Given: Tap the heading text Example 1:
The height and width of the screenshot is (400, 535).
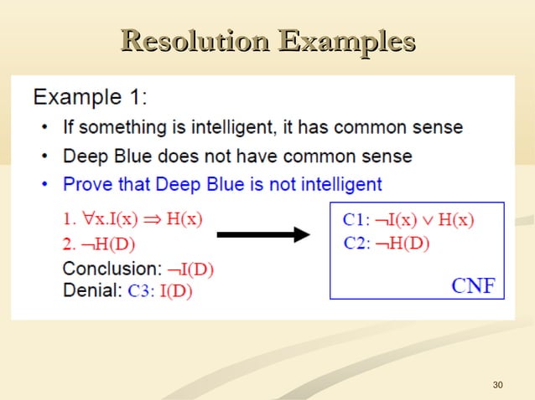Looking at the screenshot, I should [91, 98].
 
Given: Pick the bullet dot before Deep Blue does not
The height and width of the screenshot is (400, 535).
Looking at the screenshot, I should [44, 156].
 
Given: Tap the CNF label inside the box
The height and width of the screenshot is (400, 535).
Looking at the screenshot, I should [473, 285].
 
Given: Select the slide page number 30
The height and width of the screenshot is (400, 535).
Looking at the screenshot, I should [498, 385].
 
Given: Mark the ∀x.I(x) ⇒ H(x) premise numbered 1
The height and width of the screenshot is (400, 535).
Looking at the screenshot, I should [143, 220].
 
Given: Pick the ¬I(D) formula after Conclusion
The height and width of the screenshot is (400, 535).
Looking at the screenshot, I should [190, 269].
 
